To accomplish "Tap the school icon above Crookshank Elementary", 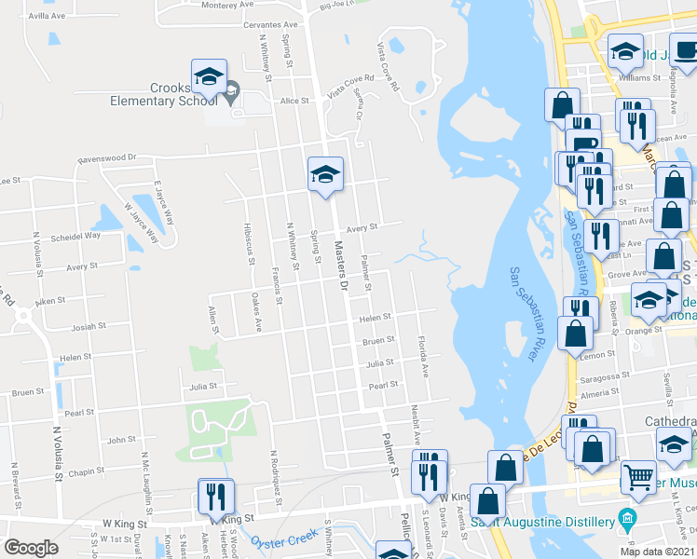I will (210, 76).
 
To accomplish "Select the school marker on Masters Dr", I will (325, 174).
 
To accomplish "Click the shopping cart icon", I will (638, 476).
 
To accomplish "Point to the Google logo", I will (31, 549).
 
